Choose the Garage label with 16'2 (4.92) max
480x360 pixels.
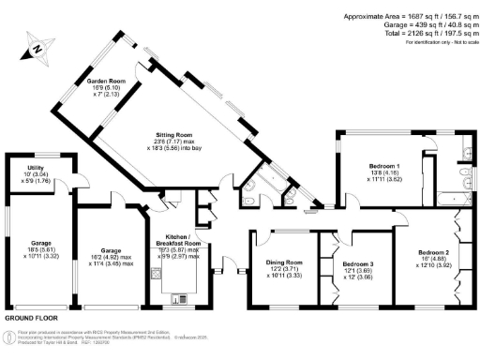111,225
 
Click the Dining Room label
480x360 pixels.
283,262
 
